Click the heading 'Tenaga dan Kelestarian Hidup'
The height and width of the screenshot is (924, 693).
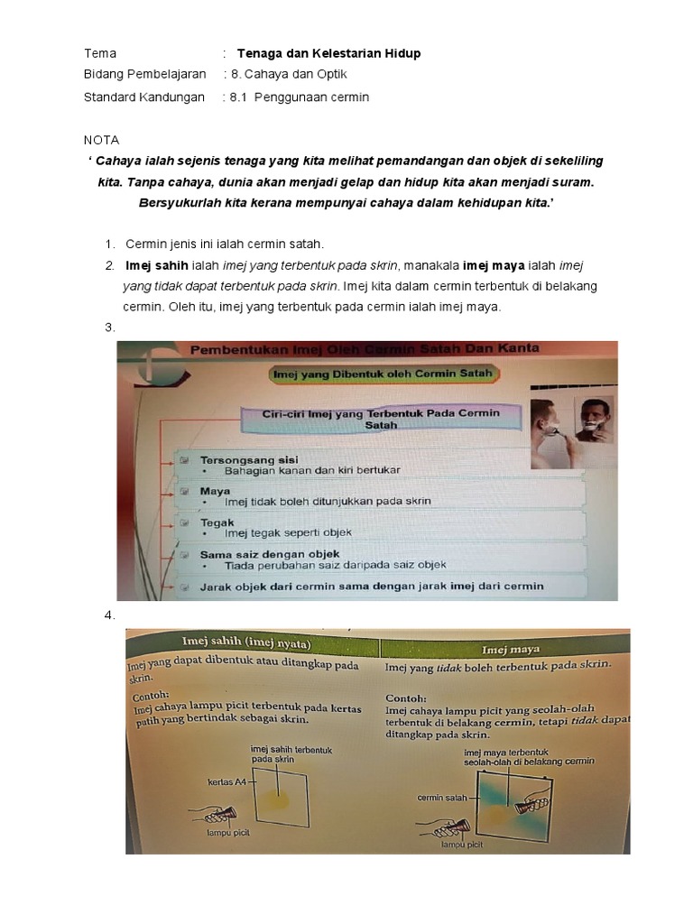click(x=328, y=53)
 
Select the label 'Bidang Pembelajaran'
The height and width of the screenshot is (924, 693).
click(x=144, y=74)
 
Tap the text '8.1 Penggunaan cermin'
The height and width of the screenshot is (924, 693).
click(x=299, y=97)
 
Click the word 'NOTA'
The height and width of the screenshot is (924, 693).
click(x=101, y=140)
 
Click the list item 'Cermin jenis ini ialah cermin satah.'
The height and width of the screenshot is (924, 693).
click(x=224, y=244)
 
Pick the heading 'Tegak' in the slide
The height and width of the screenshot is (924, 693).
click(x=217, y=522)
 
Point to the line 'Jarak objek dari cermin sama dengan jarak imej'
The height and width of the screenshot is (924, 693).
click(x=371, y=587)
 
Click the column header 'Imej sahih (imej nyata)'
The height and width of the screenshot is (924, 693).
click(x=246, y=642)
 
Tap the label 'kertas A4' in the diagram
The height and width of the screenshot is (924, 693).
click(x=226, y=781)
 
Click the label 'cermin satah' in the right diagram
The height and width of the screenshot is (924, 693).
click(x=442, y=798)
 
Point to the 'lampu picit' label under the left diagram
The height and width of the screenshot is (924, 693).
click(x=228, y=832)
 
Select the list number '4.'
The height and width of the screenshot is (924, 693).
click(x=110, y=614)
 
